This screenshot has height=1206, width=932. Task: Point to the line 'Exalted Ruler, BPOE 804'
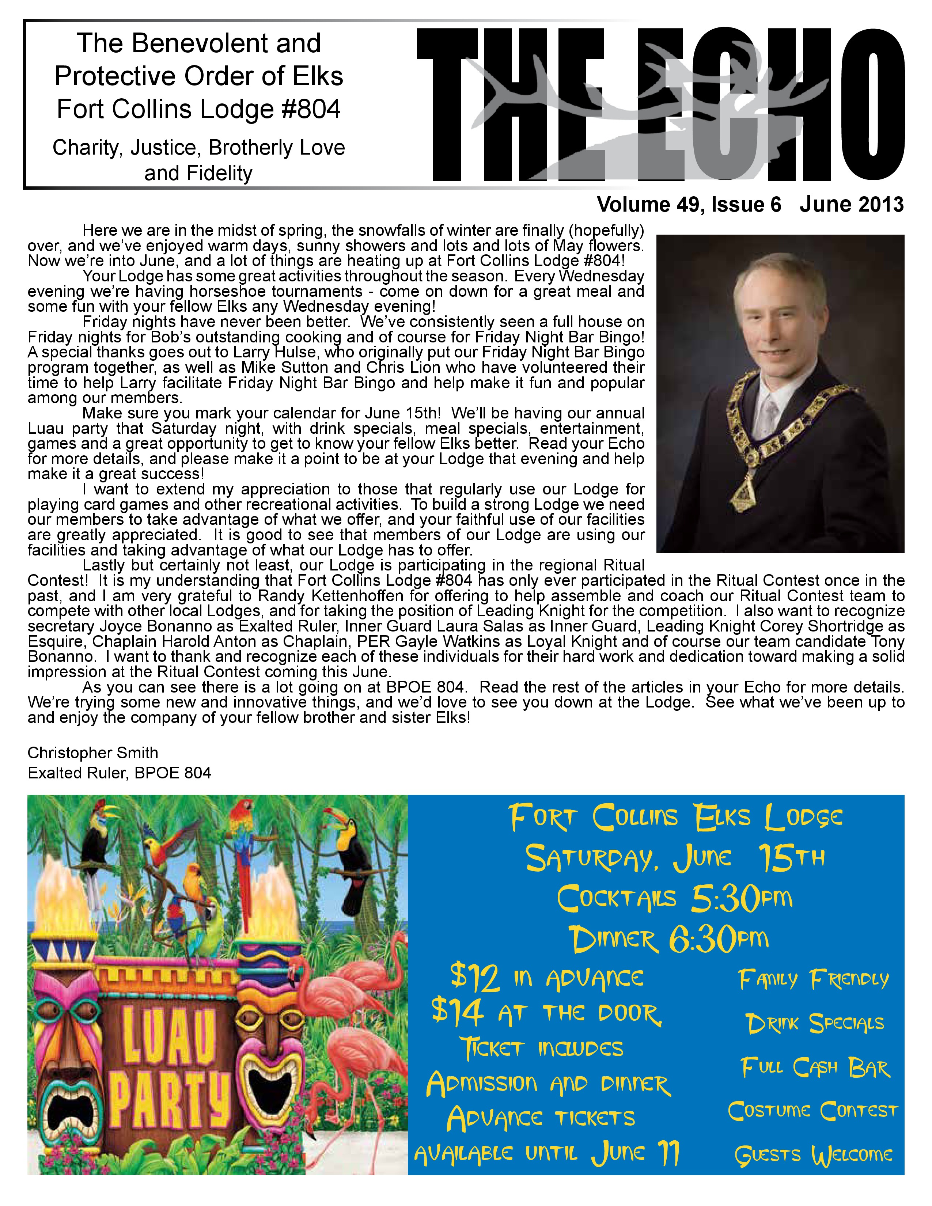coord(119,773)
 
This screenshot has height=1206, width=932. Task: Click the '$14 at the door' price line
coord(547,1013)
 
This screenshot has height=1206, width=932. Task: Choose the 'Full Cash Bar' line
coord(815,1068)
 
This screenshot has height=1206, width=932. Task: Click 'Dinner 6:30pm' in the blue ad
coord(668,939)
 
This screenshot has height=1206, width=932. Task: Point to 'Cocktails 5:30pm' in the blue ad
coord(674,898)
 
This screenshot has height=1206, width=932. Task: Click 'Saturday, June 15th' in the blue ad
coord(675,858)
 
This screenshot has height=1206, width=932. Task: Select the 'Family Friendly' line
coord(814,979)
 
